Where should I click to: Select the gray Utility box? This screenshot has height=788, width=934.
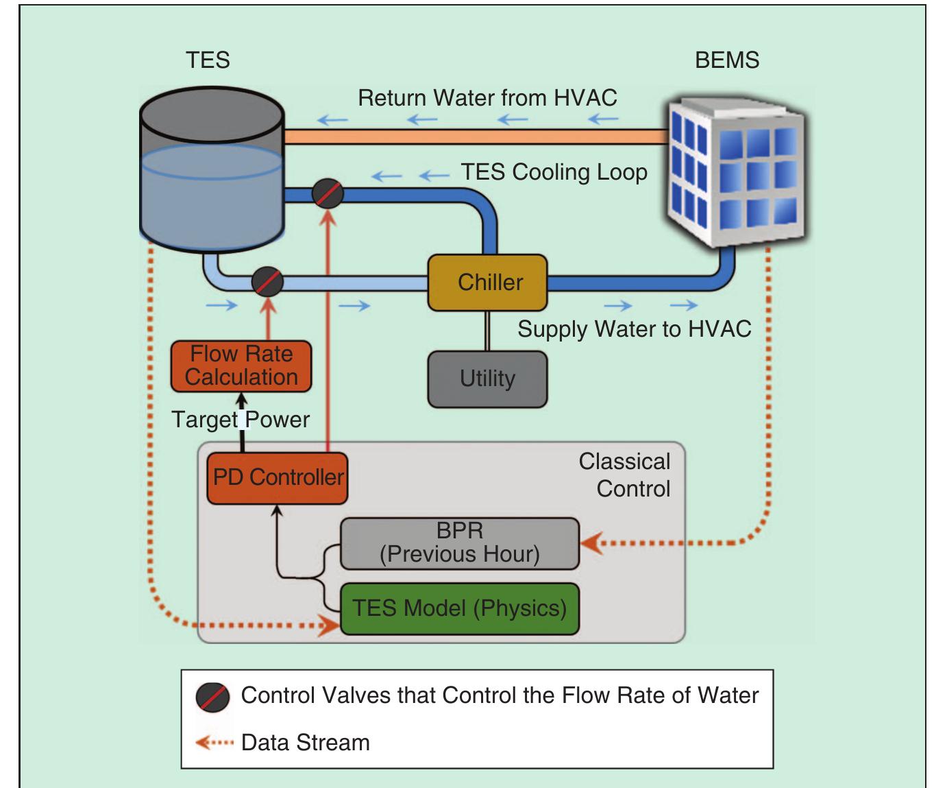(x=487, y=379)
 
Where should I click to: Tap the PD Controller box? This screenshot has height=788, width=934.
(x=278, y=478)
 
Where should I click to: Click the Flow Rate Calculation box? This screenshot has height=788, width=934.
(x=241, y=366)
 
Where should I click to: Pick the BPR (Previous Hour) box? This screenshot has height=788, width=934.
(x=459, y=542)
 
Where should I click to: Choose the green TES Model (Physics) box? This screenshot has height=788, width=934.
(x=459, y=608)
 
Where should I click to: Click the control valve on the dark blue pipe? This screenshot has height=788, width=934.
(x=328, y=194)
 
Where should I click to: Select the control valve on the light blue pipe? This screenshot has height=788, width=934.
(x=267, y=282)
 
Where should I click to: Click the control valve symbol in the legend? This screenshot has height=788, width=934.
(x=212, y=697)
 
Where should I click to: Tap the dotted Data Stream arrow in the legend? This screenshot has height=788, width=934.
(x=214, y=743)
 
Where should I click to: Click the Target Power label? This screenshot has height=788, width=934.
(x=241, y=419)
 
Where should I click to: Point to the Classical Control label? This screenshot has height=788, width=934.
(x=624, y=475)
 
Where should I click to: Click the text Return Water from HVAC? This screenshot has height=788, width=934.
(x=487, y=98)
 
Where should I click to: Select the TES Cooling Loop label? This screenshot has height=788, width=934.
(x=554, y=171)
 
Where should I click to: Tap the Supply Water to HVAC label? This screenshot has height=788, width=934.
(x=634, y=329)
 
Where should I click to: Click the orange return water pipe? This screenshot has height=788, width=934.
(x=473, y=137)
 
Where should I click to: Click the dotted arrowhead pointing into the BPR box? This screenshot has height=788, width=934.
(x=591, y=544)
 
